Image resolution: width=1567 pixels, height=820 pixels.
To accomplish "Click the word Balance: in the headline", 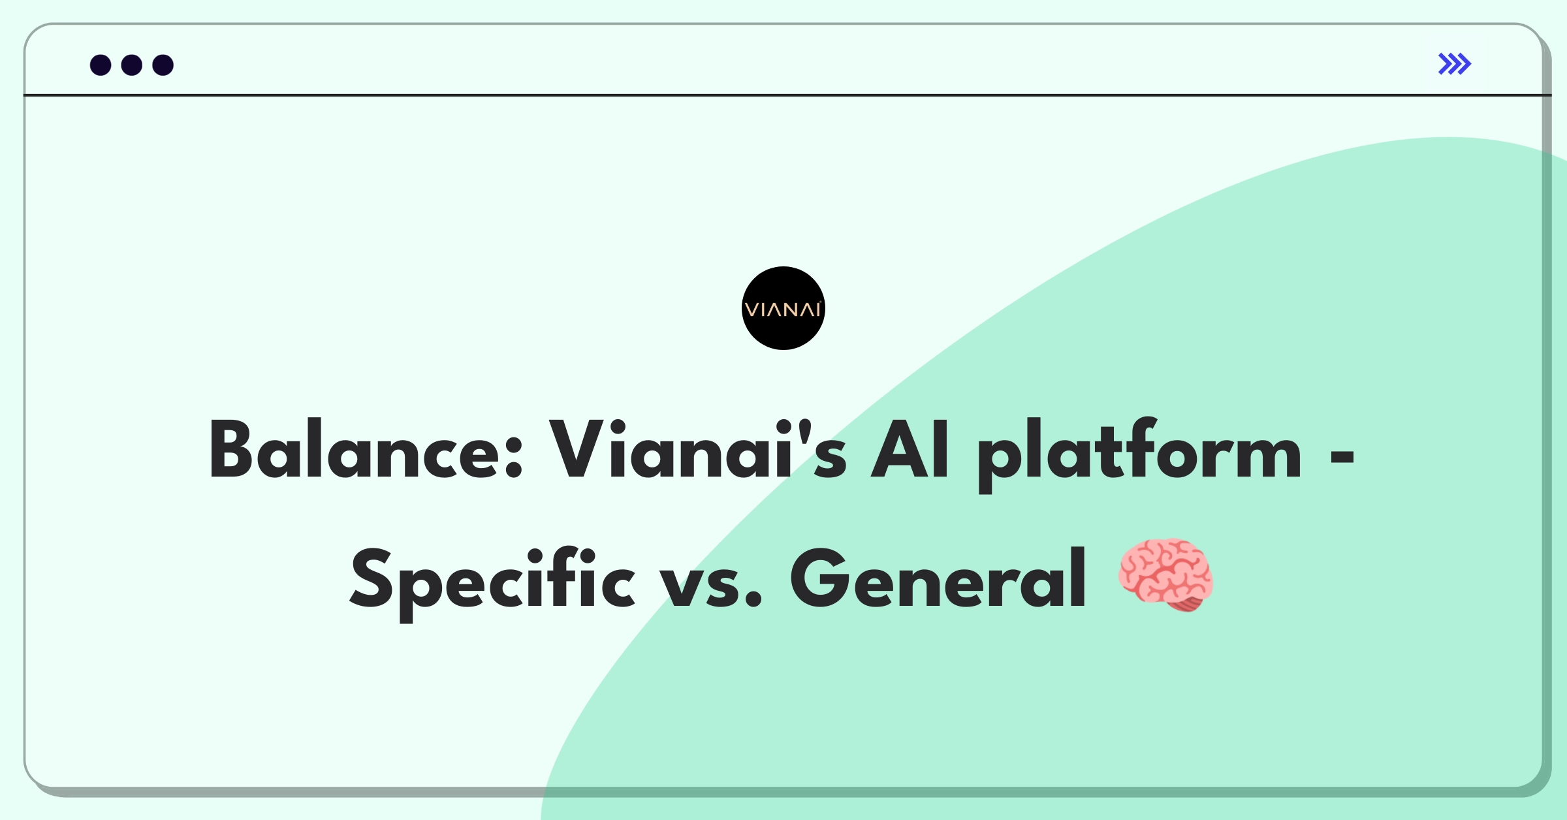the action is point(366,449).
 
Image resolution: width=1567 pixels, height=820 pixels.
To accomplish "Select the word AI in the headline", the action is point(910,449).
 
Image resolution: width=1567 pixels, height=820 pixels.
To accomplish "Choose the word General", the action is point(938,578).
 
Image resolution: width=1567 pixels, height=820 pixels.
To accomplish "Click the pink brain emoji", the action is point(1166,575).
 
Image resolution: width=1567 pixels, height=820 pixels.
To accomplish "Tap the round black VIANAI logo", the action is point(783,308).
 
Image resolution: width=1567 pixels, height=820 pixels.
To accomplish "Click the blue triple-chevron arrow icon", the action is point(1455,64).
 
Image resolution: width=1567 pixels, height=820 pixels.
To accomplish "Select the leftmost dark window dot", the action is point(101,65).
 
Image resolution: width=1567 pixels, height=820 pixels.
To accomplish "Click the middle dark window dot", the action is point(132,65).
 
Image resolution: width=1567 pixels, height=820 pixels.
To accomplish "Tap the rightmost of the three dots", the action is point(163,65).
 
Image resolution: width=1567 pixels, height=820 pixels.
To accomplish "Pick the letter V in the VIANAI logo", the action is point(752,309).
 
